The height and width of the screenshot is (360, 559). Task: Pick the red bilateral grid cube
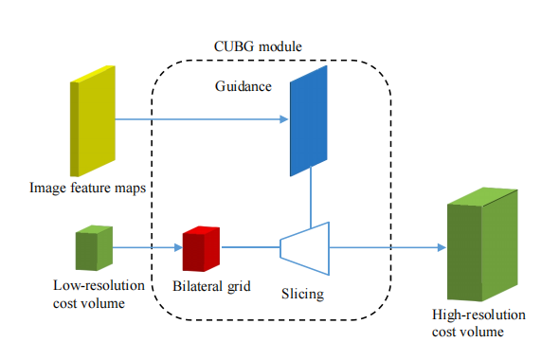pyautogui.click(x=201, y=248)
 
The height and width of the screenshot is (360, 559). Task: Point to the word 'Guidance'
pyautogui.click(x=243, y=86)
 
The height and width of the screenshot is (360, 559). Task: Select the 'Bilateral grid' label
pyautogui.click(x=210, y=284)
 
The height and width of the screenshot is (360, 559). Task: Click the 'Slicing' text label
pyautogui.click(x=302, y=294)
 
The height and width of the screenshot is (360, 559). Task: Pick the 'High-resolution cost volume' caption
pyautogui.click(x=478, y=323)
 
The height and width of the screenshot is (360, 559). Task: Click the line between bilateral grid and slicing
pyautogui.click(x=250, y=248)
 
